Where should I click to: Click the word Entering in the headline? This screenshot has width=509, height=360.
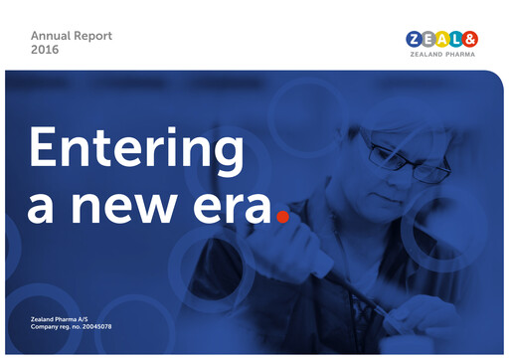pos(136,149)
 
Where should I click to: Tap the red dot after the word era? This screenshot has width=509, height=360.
pos(282,214)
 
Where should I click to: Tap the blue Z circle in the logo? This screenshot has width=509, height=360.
pos(415,39)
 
